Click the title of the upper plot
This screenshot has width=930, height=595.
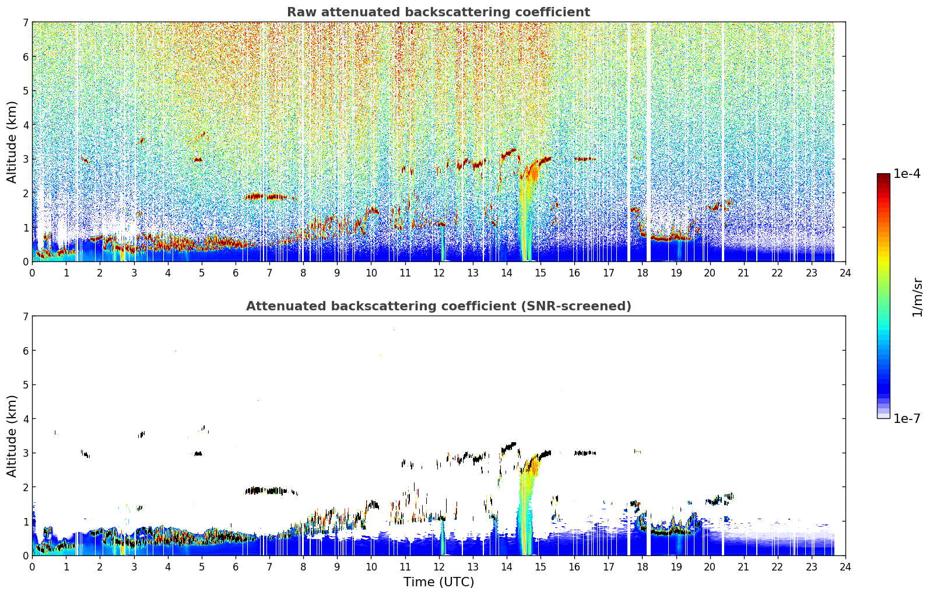pyautogui.click(x=438, y=12)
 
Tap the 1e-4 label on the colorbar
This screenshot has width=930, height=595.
pyautogui.click(x=907, y=174)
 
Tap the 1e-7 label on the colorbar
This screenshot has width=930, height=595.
pyautogui.click(x=907, y=418)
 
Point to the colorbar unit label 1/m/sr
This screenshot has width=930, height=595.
pyautogui.click(x=917, y=297)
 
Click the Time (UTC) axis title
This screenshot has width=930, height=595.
pyautogui.click(x=438, y=582)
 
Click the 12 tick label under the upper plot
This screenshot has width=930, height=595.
pyautogui.click(x=439, y=273)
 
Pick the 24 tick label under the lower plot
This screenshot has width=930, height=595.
pyautogui.click(x=845, y=567)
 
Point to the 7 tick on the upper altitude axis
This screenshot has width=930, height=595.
pyautogui.click(x=25, y=22)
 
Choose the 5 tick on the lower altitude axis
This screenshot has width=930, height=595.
pyautogui.click(x=25, y=385)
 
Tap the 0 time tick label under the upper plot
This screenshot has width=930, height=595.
pyautogui.click(x=33, y=273)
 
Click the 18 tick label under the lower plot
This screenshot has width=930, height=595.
pyautogui.click(x=643, y=567)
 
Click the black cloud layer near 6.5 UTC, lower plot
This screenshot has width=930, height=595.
pyautogui.click(x=270, y=491)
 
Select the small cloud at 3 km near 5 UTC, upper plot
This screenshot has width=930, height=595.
pyautogui.click(x=198, y=160)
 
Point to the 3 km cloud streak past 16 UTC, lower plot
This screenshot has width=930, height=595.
pyautogui.click(x=585, y=453)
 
